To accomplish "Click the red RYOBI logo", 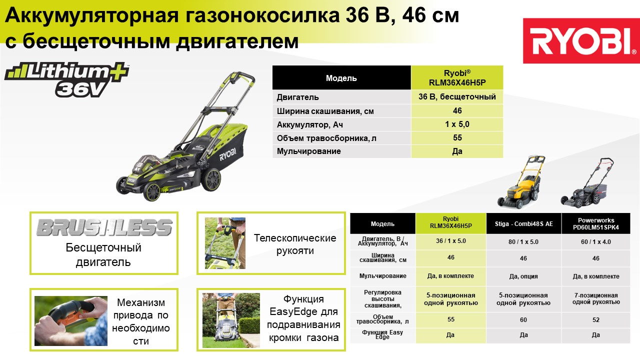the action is [x=581, y=40].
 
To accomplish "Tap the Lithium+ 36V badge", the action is [x=67, y=79].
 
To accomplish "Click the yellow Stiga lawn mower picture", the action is [x=521, y=182].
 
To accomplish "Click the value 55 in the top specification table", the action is [x=457, y=137].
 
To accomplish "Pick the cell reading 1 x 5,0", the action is [x=457, y=124].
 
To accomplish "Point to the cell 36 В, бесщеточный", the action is [x=457, y=97].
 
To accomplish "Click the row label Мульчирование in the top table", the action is [x=308, y=151].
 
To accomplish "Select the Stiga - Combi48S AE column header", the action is [x=523, y=223].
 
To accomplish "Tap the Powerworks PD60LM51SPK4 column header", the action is [x=595, y=223].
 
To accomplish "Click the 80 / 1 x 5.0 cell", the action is [x=523, y=242].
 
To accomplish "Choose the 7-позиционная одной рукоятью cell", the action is [x=596, y=298].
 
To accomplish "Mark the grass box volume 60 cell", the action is [x=523, y=320].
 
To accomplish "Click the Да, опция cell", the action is [x=523, y=276].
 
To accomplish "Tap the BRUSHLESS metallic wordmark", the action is [x=104, y=227].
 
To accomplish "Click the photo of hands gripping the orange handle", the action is [x=71, y=321].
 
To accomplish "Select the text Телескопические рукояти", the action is [x=295, y=244].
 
